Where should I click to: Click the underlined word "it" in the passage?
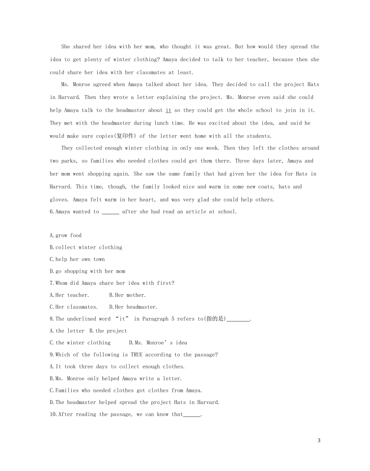tap(168, 110)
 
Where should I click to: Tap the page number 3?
tap(319, 441)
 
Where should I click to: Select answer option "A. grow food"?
tap(66, 235)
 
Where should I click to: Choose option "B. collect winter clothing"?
tap(86, 247)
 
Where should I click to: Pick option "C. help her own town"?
tap(77, 259)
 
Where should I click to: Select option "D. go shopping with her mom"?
tap(88, 271)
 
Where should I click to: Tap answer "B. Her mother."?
tap(127, 295)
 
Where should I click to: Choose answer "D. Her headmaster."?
tap(133, 307)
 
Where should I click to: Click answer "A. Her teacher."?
tap(70, 295)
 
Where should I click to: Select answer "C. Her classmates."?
tap(74, 307)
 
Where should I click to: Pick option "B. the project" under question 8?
tap(108, 331)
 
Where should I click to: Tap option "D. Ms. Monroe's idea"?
tap(158, 343)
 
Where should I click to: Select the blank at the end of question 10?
tap(192, 415)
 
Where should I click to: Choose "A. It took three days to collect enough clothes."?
tap(117, 367)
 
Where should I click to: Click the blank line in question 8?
tap(238, 319)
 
